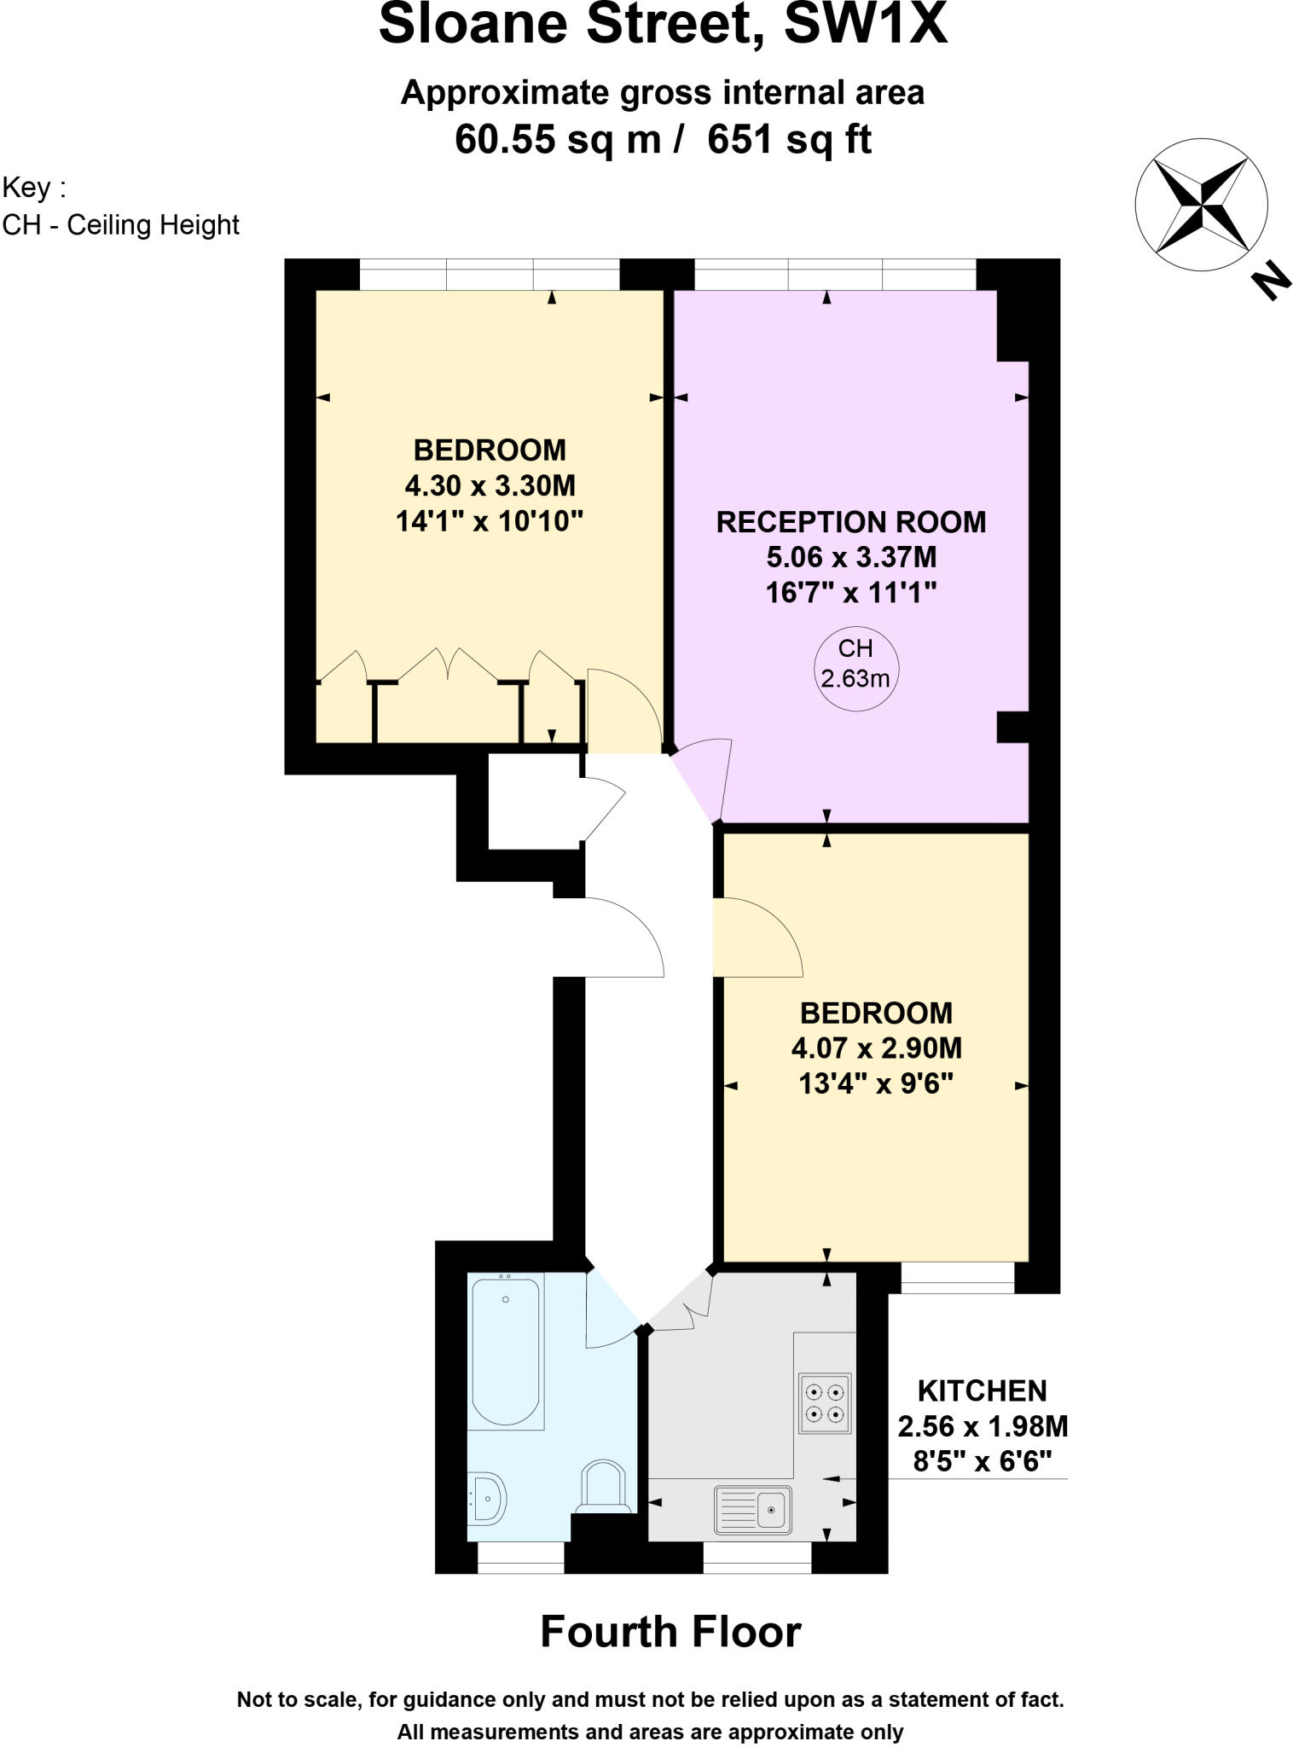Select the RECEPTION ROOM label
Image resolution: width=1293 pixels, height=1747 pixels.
[x=850, y=522]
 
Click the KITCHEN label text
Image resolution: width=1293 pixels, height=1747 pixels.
[x=982, y=1391]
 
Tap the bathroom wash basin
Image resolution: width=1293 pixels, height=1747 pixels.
[x=487, y=1497]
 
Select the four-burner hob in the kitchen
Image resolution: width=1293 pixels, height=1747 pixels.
[x=824, y=1403]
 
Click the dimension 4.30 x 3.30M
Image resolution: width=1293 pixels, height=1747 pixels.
[x=490, y=486]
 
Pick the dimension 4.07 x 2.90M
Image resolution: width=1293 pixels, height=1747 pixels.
[x=876, y=1048]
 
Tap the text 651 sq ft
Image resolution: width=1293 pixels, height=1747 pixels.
[x=789, y=139]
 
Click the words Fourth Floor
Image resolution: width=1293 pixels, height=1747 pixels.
[x=670, y=1632]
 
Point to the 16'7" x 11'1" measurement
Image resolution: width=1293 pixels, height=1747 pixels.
[x=850, y=592]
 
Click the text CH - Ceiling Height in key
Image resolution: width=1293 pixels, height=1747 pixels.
[x=121, y=225]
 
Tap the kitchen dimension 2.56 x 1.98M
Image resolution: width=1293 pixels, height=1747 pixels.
[x=983, y=1426]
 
